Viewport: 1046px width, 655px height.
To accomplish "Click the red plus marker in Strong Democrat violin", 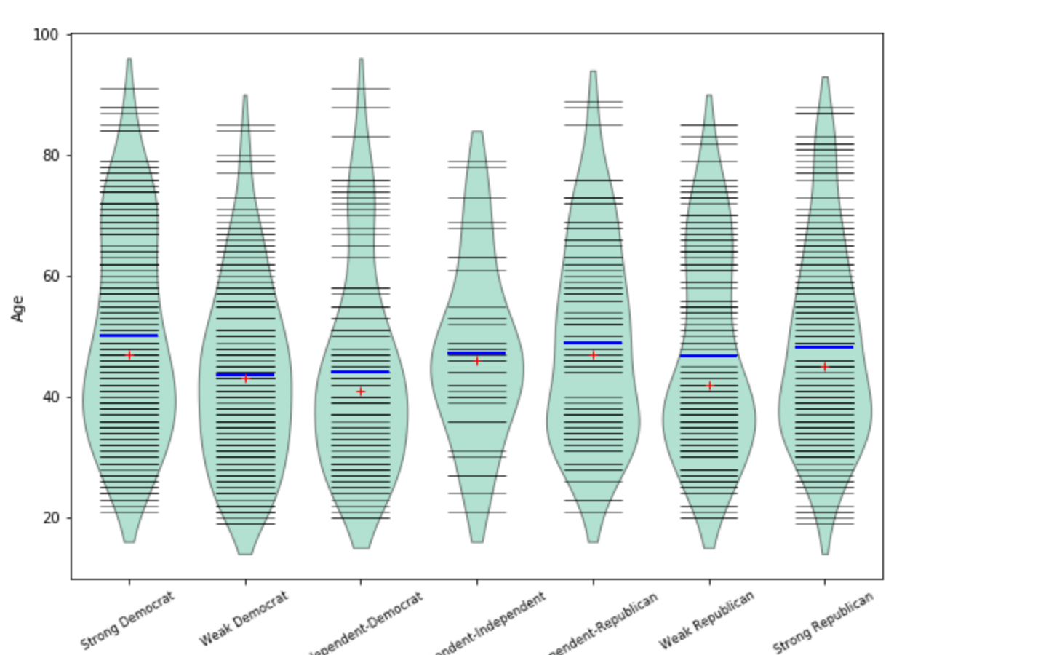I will [x=129, y=355].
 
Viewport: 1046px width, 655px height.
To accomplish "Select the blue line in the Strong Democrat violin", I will [x=129, y=336].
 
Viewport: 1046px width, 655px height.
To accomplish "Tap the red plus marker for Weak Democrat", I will [x=245, y=378].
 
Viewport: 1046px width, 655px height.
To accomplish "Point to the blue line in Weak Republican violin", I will [x=709, y=356].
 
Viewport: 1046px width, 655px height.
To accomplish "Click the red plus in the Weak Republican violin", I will [x=709, y=386].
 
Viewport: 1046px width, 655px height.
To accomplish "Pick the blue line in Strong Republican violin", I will [x=824, y=347].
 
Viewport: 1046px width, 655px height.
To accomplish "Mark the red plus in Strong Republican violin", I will [x=824, y=367].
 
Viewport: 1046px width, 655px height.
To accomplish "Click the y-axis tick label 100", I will [x=46, y=35].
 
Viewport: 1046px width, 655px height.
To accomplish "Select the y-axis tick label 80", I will [x=50, y=156].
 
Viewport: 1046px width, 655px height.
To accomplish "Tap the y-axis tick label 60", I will [x=50, y=277].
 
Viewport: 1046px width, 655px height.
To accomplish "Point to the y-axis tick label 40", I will [x=50, y=397].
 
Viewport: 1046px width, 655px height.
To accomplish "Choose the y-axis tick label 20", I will [x=50, y=518].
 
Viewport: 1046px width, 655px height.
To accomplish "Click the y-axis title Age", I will [x=17, y=309].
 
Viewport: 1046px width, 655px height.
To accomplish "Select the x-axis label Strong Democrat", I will [x=127, y=621].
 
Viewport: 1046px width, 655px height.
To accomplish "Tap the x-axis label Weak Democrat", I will [x=244, y=619].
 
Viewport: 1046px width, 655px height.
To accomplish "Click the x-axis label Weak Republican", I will [x=706, y=620].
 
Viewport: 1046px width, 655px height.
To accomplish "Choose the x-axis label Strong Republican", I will [x=823, y=623].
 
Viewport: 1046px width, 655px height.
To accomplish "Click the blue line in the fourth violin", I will [x=476, y=354].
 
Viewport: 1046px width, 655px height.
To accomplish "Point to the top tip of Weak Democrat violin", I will [x=245, y=95].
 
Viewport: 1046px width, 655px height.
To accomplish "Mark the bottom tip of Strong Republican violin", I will [x=824, y=554].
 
